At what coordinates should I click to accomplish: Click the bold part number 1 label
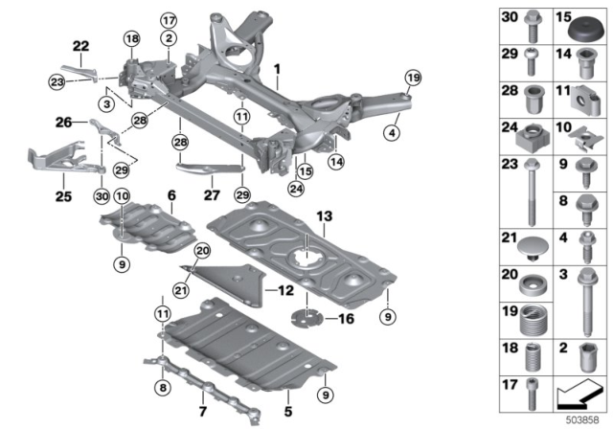[278, 70]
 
